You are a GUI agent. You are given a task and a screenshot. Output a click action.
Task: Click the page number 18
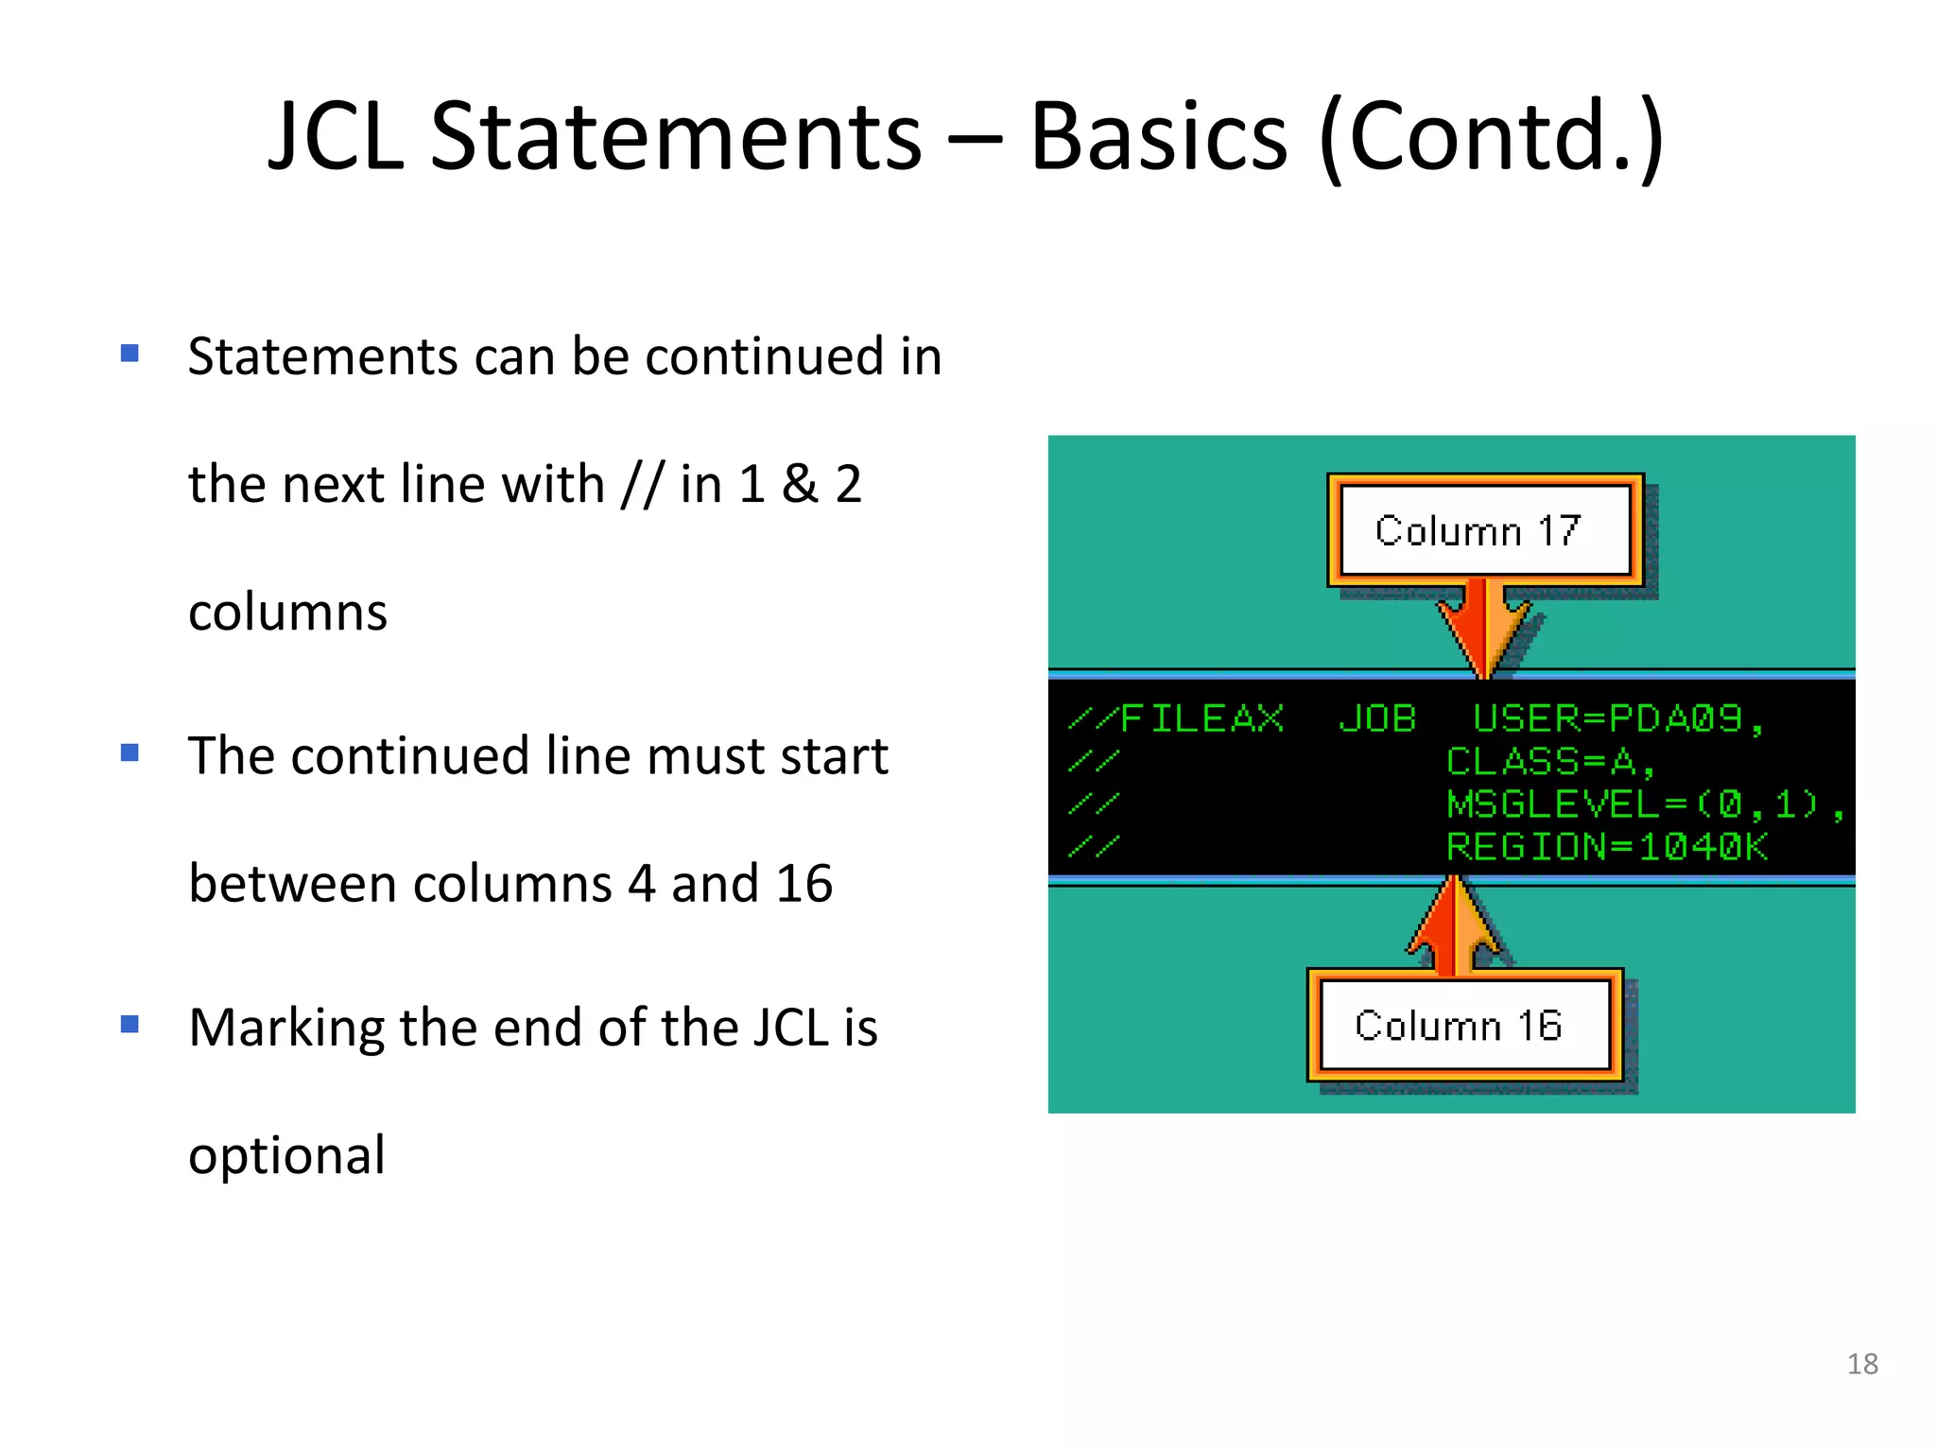pos(1861,1363)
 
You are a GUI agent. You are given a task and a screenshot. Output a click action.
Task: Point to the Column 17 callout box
pos(1485,530)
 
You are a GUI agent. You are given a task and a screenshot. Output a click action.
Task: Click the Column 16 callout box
pos(1463,1025)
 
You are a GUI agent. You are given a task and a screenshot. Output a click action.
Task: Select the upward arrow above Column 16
pos(1454,926)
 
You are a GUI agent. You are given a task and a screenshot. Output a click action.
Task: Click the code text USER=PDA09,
pos(1617,719)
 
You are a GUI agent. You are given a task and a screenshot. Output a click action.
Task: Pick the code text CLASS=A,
pos(1550,762)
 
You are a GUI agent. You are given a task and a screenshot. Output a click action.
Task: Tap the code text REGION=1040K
pos(1607,847)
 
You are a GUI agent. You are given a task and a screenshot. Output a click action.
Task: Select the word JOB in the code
pos(1377,719)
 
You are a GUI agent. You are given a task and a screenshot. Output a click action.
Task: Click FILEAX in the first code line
pos(1201,719)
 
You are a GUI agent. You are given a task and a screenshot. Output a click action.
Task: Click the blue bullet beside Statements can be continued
pos(130,354)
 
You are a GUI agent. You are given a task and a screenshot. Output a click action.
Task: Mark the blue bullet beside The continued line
pos(130,753)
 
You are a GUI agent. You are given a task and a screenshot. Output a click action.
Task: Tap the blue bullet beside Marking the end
pos(130,1025)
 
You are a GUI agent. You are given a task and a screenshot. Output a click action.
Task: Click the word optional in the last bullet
pos(286,1155)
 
